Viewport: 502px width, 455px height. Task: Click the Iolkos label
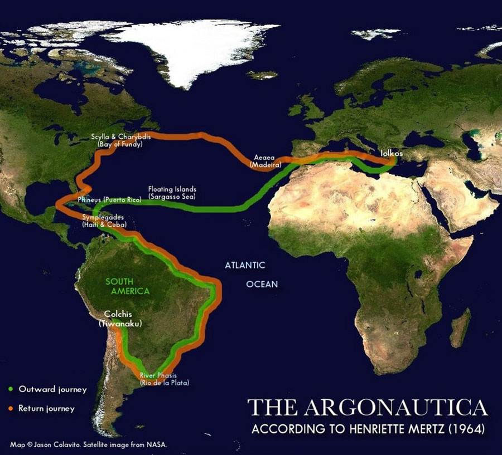pyautogui.click(x=391, y=151)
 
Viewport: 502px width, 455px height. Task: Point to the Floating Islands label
pyautogui.click(x=172, y=193)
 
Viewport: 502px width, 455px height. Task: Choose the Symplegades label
pyautogui.click(x=105, y=221)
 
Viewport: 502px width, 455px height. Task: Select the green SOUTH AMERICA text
pyautogui.click(x=128, y=286)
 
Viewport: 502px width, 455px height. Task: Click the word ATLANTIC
pyautogui.click(x=245, y=265)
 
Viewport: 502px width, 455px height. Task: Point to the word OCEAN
pyautogui.click(x=262, y=284)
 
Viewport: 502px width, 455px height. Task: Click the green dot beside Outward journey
pyautogui.click(x=11, y=389)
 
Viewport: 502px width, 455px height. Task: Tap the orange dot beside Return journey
pyautogui.click(x=11, y=408)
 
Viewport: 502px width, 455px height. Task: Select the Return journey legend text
pyautogui.click(x=46, y=408)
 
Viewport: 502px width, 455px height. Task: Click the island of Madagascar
pyautogui.click(x=460, y=328)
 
